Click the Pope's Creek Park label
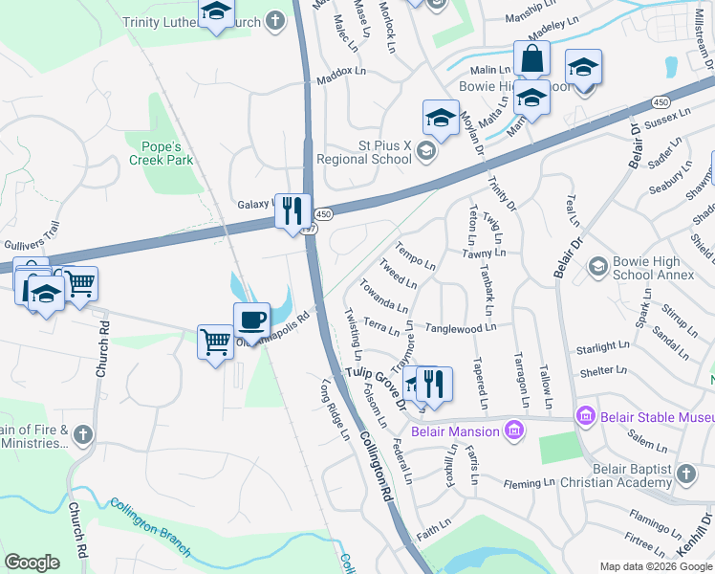[161, 153]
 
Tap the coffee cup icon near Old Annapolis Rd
[251, 320]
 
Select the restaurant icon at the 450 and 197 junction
[292, 210]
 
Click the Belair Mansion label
[455, 431]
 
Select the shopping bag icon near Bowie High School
[531, 59]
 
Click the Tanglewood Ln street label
[461, 327]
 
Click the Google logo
[32, 563]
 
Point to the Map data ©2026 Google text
[656, 566]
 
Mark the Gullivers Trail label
[32, 226]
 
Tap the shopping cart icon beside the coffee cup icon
[215, 341]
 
